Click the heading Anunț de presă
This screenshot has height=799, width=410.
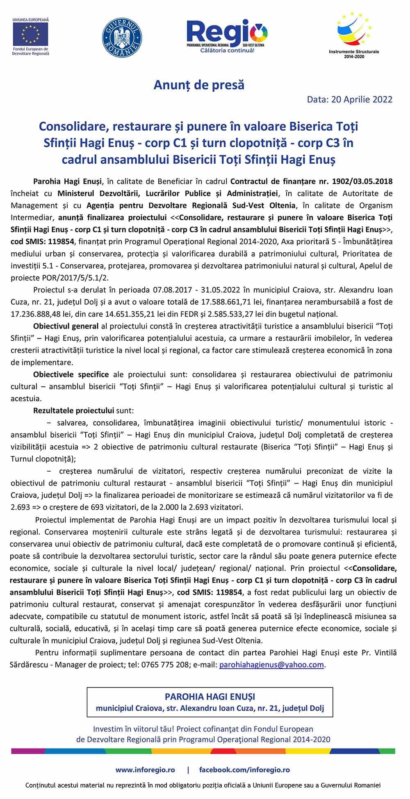[199, 85]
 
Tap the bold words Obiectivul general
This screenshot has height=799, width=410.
[66, 327]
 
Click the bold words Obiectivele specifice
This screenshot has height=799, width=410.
[71, 374]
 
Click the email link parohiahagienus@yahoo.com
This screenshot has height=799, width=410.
[271, 665]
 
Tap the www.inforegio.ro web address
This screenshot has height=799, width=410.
[145, 769]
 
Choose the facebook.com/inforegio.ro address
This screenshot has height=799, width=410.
[244, 769]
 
